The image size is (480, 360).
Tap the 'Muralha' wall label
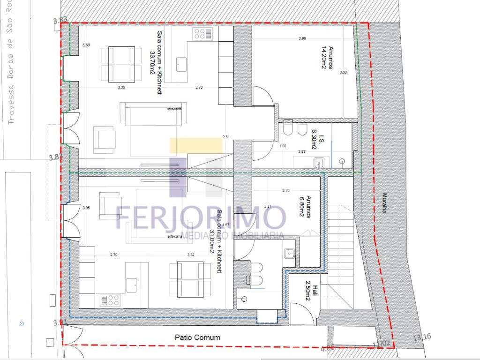384,203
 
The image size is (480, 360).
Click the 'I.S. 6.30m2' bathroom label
310,140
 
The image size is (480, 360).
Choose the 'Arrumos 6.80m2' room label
306,206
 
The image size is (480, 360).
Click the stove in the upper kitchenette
202,34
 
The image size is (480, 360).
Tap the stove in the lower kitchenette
110,300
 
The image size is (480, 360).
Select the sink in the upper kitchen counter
180,63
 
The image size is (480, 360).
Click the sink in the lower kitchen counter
132,283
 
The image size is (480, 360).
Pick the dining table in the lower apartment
190,278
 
